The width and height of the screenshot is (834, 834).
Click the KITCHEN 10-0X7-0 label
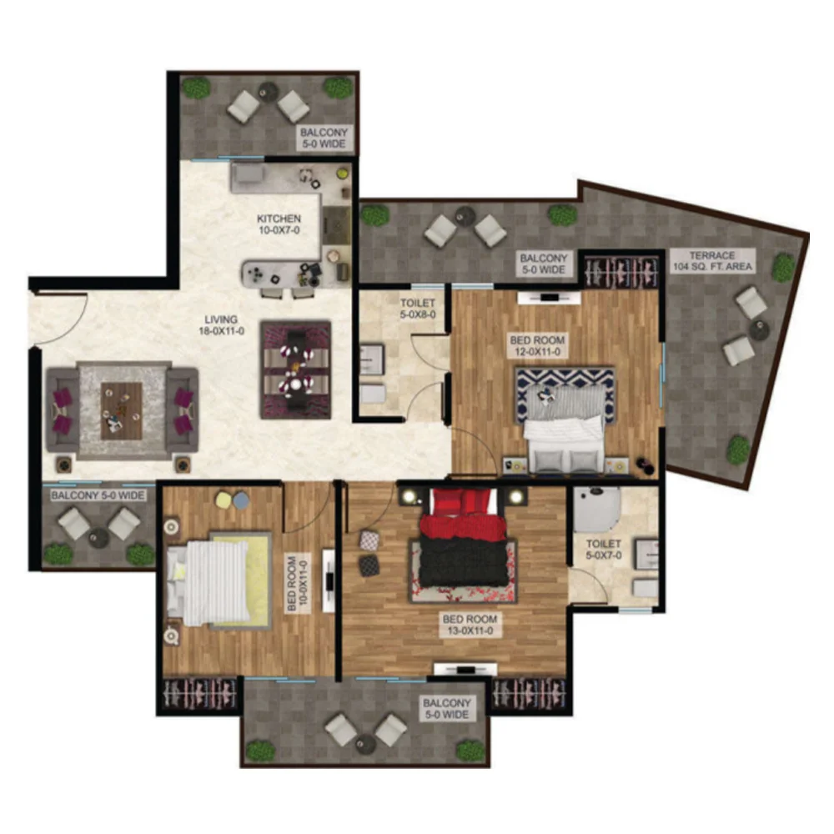(279, 224)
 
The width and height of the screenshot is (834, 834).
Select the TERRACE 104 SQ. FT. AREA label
(713, 261)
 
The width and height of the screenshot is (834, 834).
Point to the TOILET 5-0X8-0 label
(418, 309)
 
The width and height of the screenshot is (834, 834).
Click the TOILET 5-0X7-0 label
(604, 550)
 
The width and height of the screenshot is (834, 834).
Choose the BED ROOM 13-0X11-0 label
(469, 625)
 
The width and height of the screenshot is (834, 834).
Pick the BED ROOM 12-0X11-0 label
(536, 346)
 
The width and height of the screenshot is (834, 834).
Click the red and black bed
(462, 537)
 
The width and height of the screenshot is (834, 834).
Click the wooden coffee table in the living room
(122, 410)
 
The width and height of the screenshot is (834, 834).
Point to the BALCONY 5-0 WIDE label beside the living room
(98, 495)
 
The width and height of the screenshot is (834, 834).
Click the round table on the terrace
(760, 330)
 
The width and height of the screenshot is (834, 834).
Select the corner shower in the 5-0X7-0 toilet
(596, 510)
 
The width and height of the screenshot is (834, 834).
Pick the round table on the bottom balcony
(366, 743)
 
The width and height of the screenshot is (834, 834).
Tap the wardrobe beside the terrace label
(620, 271)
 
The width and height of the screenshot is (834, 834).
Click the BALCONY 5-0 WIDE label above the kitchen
(324, 138)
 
